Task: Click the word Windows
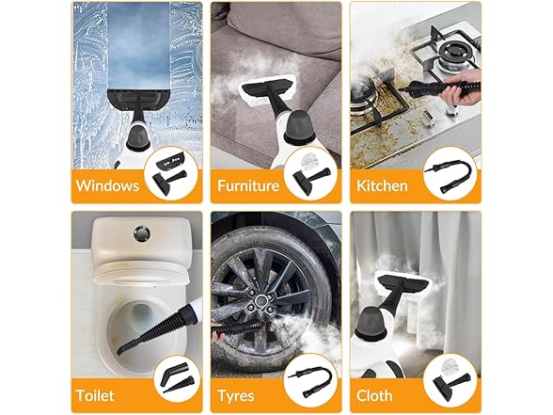pyautogui.click(x=107, y=185)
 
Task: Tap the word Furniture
pyautogui.click(x=248, y=185)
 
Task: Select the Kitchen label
pyautogui.click(x=382, y=185)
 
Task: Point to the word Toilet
pyautogui.click(x=95, y=395)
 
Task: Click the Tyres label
pyautogui.click(x=236, y=395)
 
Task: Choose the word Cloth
pyautogui.click(x=374, y=395)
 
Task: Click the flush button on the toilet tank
pyautogui.click(x=142, y=234)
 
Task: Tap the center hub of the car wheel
pyautogui.click(x=261, y=301)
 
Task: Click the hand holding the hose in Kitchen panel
pyautogui.click(x=461, y=88)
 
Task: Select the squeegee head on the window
pyautogui.click(x=138, y=99)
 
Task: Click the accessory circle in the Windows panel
pyautogui.click(x=171, y=173)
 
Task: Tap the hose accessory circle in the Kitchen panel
pyautogui.click(x=450, y=174)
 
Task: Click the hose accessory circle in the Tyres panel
pyautogui.click(x=310, y=381)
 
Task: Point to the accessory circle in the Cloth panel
pyautogui.click(x=450, y=381)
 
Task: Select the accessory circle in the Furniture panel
pyautogui.click(x=310, y=173)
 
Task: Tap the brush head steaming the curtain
pyautogui.click(x=403, y=284)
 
